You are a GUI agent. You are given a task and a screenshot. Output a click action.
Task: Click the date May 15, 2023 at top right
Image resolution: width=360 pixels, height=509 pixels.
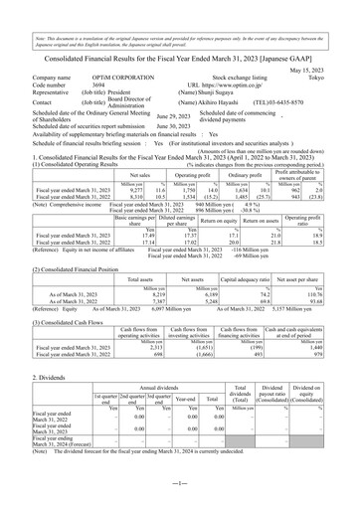(x=328, y=56)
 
